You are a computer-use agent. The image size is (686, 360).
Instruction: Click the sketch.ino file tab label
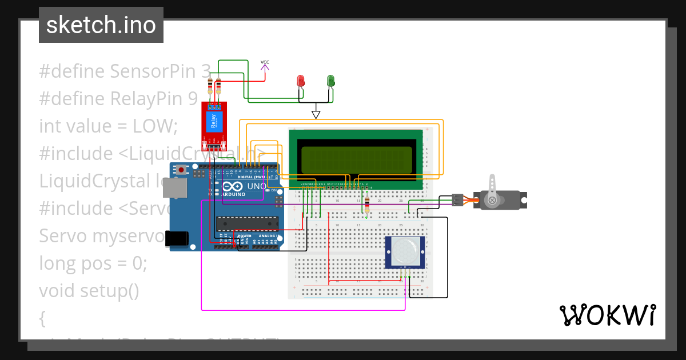(101, 25)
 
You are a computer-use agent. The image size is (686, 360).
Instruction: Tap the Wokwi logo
(607, 315)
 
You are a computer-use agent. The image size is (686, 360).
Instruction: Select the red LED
(301, 81)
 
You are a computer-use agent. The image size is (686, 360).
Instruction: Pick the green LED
(330, 81)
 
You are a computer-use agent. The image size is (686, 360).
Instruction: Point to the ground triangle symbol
(316, 115)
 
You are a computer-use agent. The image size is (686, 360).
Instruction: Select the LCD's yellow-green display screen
(357, 160)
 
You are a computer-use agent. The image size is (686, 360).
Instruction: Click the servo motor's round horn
(492, 200)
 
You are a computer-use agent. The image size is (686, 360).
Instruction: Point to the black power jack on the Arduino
(177, 239)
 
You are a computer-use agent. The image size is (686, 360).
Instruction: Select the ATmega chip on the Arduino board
(247, 225)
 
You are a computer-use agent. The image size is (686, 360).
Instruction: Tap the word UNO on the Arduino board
(256, 187)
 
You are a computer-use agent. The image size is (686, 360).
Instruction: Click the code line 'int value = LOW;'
(109, 126)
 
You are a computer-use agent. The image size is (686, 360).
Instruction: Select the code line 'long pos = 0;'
(93, 263)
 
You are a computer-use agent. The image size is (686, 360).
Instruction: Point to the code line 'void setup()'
(89, 291)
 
